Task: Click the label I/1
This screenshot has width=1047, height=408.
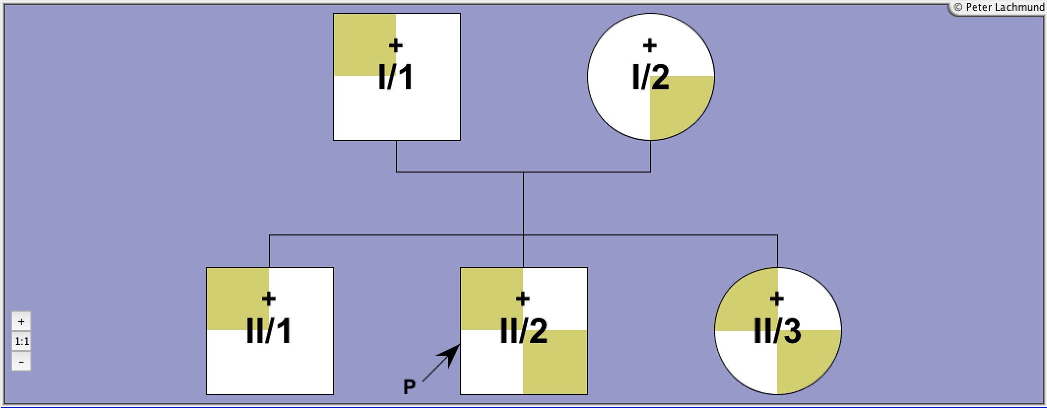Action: pos(396,78)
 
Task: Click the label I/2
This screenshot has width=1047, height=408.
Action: pos(650,78)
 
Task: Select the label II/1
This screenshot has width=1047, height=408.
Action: pos(269,331)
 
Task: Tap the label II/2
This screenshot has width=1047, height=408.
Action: pos(523,331)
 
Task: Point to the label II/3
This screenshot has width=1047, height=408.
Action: pos(777,331)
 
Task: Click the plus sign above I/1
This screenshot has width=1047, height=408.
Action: pos(396,45)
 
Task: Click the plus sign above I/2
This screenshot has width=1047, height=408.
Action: pos(650,45)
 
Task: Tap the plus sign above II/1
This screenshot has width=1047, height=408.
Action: pos(269,298)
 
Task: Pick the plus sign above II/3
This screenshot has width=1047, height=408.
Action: pos(777,298)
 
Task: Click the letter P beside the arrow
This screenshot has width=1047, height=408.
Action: pos(410,387)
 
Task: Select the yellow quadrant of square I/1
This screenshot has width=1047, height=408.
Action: pos(365,45)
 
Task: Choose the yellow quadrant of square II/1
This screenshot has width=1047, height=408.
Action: pos(238,299)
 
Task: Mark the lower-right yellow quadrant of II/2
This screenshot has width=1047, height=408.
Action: pos(555,362)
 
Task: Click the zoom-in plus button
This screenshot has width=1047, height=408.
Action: pos(21,321)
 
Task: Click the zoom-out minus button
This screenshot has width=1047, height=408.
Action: pos(21,362)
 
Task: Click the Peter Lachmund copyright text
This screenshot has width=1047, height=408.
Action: pos(999,8)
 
